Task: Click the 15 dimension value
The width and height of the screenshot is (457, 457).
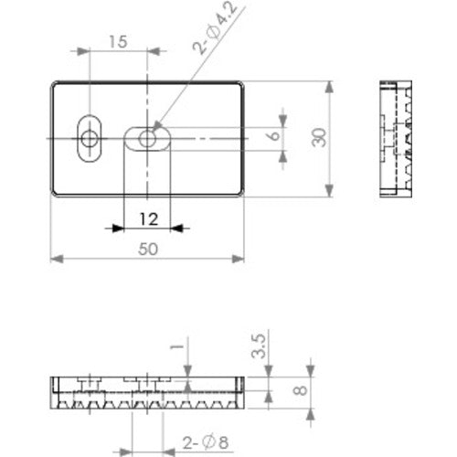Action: point(117,41)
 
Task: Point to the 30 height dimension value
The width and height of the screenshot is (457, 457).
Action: point(318,138)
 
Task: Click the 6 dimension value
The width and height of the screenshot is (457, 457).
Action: point(271,137)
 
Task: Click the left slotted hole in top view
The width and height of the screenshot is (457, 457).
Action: point(90,138)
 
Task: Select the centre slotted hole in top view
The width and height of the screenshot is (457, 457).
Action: point(147,138)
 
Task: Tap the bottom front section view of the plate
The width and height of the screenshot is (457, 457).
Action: point(146,390)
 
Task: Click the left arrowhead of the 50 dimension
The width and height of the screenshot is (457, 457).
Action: point(55,259)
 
